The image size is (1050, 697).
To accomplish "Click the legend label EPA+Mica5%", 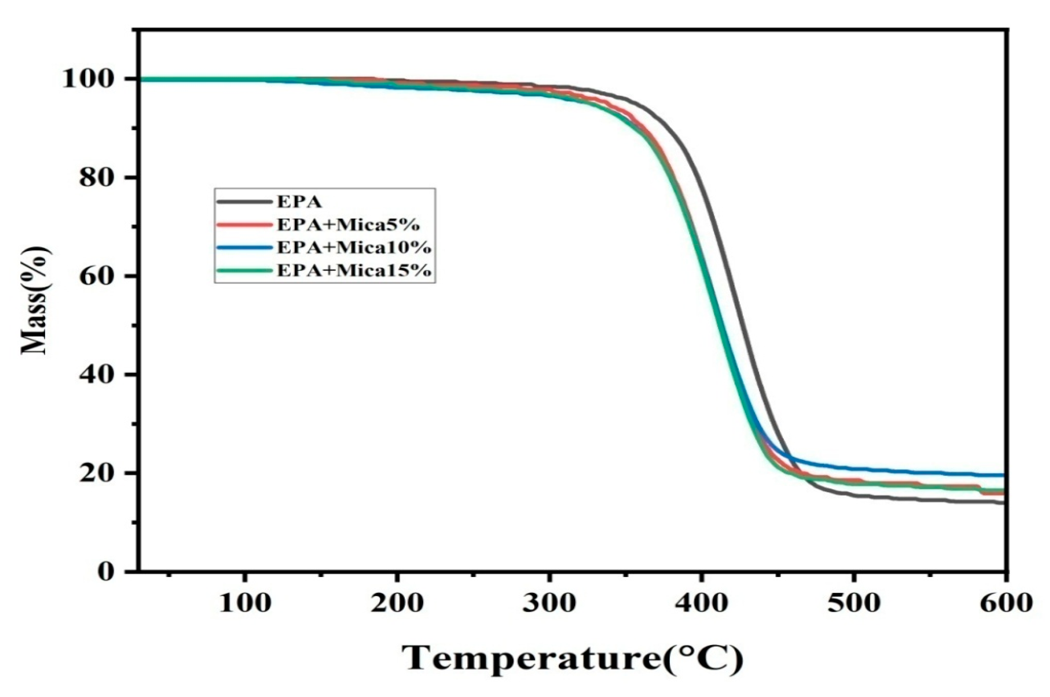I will [348, 225].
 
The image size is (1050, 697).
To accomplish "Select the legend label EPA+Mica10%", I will [354, 247].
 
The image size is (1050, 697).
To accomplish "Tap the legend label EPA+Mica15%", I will [354, 270].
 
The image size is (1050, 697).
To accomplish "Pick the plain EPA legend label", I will [299, 202].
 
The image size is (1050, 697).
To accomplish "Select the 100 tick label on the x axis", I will [245, 603].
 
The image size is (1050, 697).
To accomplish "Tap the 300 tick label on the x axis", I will [549, 603].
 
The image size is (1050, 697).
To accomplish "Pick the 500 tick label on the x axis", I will [854, 603].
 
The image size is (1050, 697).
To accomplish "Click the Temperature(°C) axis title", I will [572, 660].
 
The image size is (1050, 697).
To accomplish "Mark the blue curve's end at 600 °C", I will [1004, 475].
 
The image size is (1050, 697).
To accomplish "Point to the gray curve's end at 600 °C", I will [1004, 503].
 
